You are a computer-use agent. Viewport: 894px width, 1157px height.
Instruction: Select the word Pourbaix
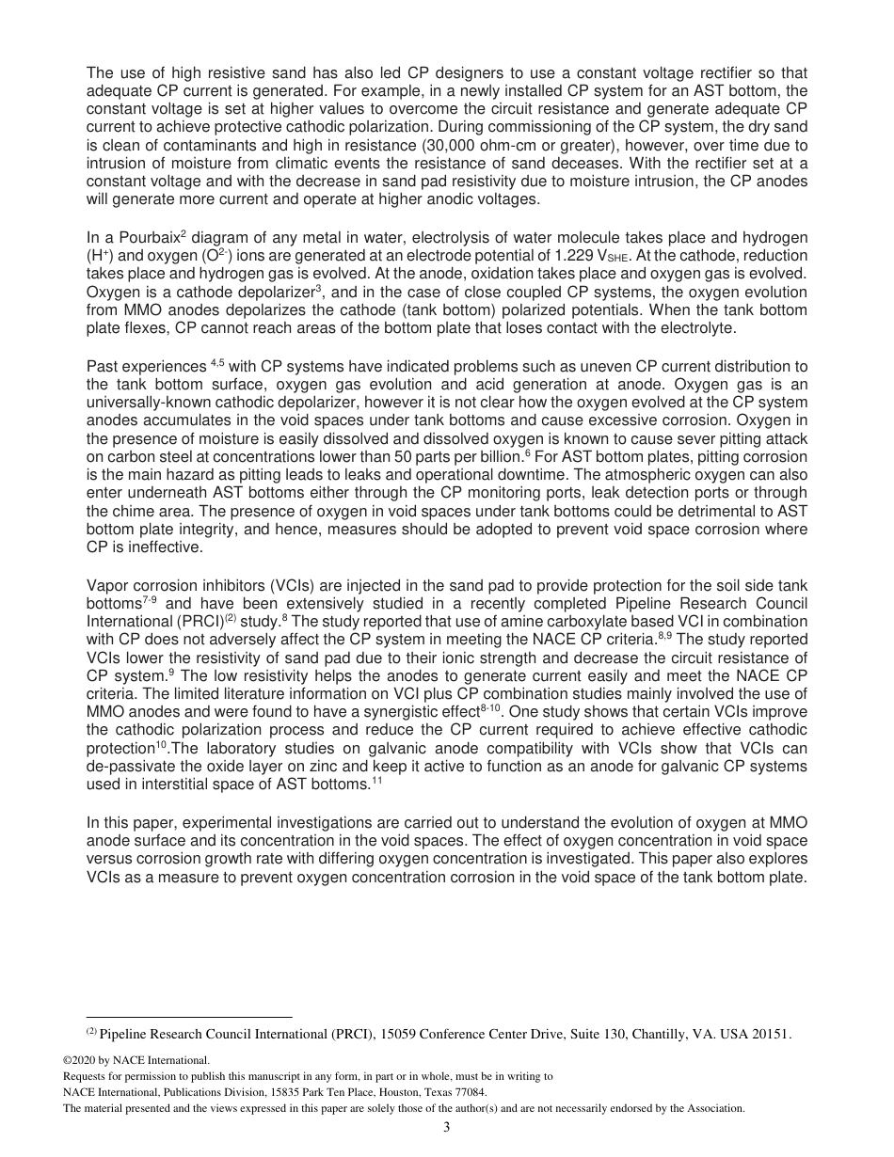point(150,237)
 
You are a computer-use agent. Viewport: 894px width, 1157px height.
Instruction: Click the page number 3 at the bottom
point(447,1127)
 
